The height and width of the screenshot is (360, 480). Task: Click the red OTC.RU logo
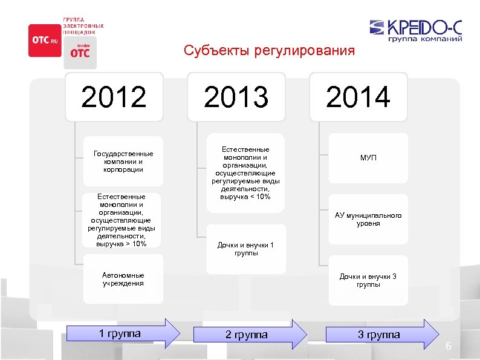click(45, 41)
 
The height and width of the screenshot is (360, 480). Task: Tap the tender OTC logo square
click(80, 51)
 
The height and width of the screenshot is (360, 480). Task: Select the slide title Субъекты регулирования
click(269, 50)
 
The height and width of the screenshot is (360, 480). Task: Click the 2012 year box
click(114, 97)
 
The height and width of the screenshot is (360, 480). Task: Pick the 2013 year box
click(236, 97)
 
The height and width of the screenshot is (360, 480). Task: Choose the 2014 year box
click(358, 97)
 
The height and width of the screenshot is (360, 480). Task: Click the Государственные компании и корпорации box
click(123, 162)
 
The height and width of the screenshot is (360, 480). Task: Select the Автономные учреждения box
click(123, 279)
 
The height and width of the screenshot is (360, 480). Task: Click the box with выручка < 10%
click(245, 173)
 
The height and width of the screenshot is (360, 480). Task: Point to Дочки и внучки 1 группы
click(245, 249)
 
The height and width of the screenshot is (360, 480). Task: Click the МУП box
click(368, 158)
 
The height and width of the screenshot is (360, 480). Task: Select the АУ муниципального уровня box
click(368, 220)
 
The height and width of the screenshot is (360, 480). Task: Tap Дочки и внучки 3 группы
click(368, 280)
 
